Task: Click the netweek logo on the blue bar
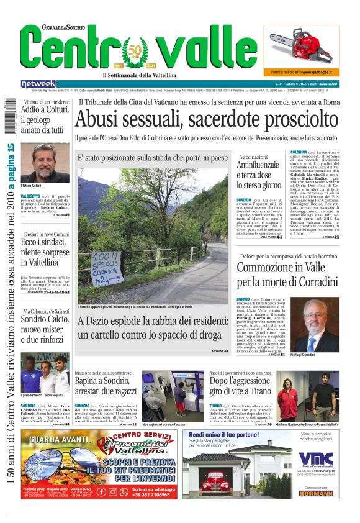[x=38, y=83]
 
